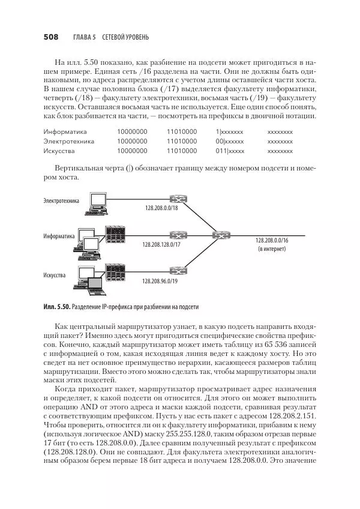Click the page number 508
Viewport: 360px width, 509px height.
pyautogui.click(x=50, y=37)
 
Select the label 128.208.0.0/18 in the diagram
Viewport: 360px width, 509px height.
pyautogui.click(x=161, y=208)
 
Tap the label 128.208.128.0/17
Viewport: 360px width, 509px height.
pyautogui.click(x=161, y=244)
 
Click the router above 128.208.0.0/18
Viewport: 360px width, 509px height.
pyautogui.click(x=176, y=199)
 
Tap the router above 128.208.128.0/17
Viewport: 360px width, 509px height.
pyautogui.click(x=176, y=235)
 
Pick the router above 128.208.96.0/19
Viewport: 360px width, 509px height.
pyautogui.click(x=176, y=271)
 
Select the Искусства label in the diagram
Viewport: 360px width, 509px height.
pyautogui.click(x=55, y=276)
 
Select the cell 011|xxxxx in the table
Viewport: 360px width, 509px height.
pyautogui.click(x=230, y=151)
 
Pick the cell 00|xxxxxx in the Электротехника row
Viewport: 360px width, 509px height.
pyautogui.click(x=230, y=141)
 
